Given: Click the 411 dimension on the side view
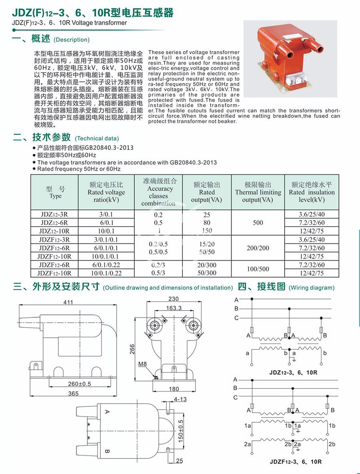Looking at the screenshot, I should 68,303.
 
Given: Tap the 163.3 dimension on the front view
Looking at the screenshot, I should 174,308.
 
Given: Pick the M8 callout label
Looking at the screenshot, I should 143,364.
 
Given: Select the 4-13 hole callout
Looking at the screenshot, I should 181,399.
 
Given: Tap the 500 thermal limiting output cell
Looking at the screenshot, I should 258,223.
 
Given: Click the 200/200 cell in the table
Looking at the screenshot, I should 258,248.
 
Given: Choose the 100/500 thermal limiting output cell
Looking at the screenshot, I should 258,269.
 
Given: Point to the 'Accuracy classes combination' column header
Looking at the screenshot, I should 158,192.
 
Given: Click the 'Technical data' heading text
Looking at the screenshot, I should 97,138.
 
